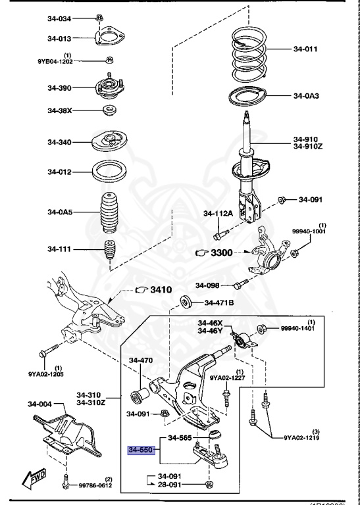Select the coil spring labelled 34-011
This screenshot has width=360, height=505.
coord(247,49)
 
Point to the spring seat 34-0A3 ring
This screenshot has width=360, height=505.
coord(247,96)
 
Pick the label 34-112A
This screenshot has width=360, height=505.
coord(219,212)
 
